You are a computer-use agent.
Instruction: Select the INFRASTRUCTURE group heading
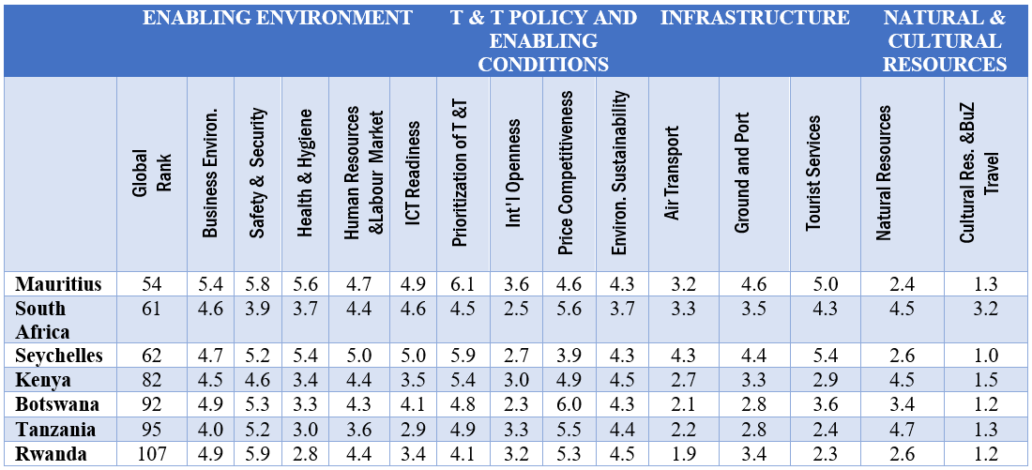click(x=755, y=18)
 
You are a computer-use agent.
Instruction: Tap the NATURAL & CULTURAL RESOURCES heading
click(x=945, y=40)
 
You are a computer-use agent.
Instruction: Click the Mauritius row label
click(x=58, y=283)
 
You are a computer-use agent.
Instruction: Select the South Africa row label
click(x=43, y=319)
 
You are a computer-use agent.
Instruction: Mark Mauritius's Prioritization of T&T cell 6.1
click(x=463, y=283)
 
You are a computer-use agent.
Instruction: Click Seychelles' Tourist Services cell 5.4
click(x=826, y=356)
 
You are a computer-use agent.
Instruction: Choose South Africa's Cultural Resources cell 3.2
click(x=985, y=308)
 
